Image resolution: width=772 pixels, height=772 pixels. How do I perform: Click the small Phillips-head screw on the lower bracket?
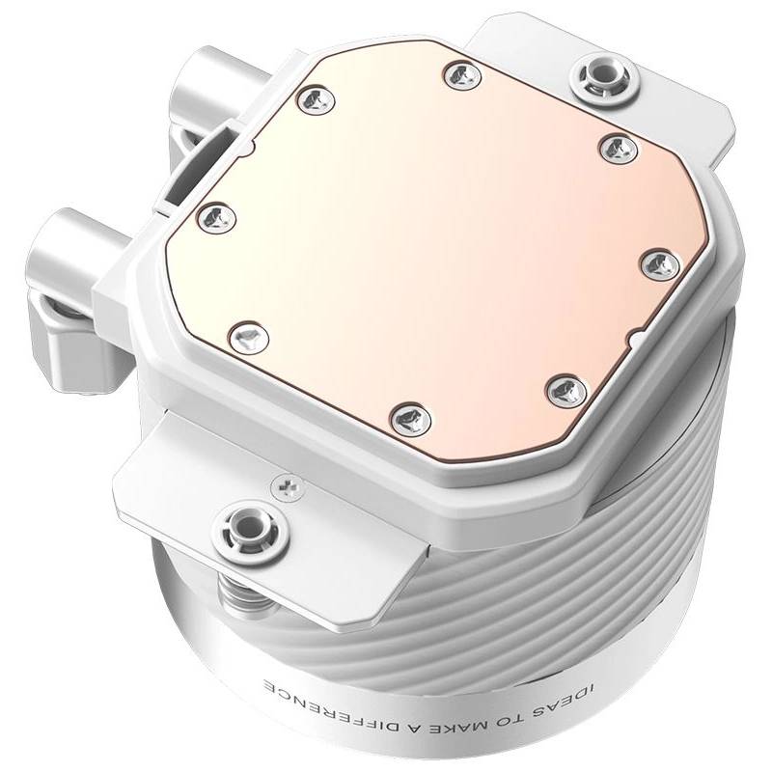click(288, 487)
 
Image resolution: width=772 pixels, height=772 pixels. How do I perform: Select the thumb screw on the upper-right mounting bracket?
click(604, 77)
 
